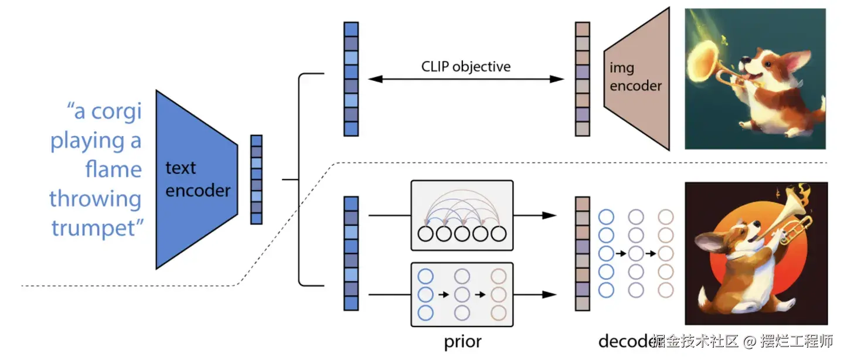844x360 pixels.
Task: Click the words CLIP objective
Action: click(466, 66)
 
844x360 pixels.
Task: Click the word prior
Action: click(463, 341)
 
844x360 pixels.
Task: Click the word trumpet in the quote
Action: click(97, 227)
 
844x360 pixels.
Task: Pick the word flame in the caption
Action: click(113, 169)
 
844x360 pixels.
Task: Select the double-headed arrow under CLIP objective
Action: click(466, 79)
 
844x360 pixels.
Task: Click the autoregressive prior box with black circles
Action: click(462, 216)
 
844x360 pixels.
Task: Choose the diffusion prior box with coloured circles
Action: click(462, 294)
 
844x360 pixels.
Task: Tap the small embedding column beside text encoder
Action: click(256, 179)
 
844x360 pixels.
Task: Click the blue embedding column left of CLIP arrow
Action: click(350, 79)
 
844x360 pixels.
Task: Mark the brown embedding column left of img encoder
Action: click(582, 79)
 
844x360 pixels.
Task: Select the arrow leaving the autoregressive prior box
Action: click(535, 216)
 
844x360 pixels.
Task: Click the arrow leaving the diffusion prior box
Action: click(535, 294)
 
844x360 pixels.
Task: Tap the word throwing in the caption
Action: click(95, 199)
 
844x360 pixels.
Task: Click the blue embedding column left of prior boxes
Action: click(350, 253)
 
